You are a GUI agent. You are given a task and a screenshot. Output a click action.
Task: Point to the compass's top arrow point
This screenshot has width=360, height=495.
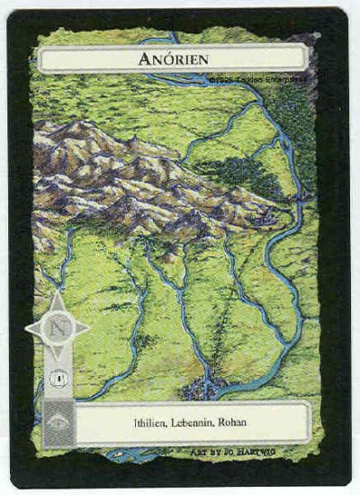coord(56,293)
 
